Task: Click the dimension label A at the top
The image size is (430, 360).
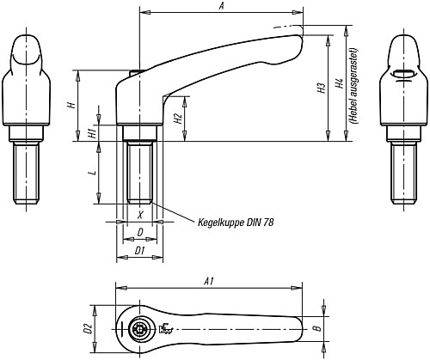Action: (222, 6)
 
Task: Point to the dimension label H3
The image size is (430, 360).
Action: (320, 88)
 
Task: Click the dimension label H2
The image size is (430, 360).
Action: (177, 119)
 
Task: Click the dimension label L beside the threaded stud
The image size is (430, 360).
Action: (92, 173)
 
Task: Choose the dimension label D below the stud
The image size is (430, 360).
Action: (138, 233)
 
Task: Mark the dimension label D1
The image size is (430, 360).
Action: (138, 249)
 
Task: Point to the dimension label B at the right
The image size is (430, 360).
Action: (316, 327)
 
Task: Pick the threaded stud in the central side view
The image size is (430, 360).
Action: (139, 172)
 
